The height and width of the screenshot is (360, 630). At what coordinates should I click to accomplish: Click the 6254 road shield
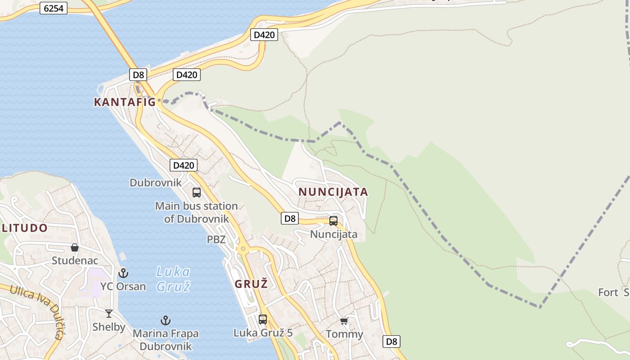tap(54, 8)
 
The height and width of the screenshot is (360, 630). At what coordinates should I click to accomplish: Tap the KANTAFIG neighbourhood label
tap(125, 102)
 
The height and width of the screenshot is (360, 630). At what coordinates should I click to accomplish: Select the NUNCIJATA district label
tap(333, 192)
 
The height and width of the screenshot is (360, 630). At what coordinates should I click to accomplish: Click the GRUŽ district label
tap(251, 284)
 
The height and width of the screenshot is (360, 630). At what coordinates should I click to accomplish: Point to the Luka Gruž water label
tap(173, 279)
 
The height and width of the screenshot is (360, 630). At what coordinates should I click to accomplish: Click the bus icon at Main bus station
tap(197, 193)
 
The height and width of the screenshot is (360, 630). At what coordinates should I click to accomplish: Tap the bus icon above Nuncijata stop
tap(333, 221)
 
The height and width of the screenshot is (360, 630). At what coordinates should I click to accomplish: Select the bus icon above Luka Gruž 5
tap(263, 319)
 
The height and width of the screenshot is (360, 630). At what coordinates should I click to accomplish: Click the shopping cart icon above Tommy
tap(344, 321)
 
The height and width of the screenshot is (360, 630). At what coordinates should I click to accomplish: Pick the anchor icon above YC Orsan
tap(123, 273)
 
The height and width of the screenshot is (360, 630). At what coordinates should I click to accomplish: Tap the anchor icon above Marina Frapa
tap(166, 320)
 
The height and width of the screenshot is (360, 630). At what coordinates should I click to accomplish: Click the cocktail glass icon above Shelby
tap(109, 314)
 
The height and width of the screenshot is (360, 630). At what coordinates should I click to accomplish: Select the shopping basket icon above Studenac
tap(75, 247)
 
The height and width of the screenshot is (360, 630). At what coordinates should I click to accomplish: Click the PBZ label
tap(216, 239)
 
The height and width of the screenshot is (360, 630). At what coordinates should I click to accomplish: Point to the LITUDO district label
tap(25, 228)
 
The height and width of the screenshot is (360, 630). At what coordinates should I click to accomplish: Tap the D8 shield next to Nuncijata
tap(290, 219)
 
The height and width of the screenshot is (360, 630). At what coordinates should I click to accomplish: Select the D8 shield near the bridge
tap(138, 75)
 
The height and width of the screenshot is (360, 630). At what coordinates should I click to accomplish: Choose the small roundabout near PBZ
tap(243, 248)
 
